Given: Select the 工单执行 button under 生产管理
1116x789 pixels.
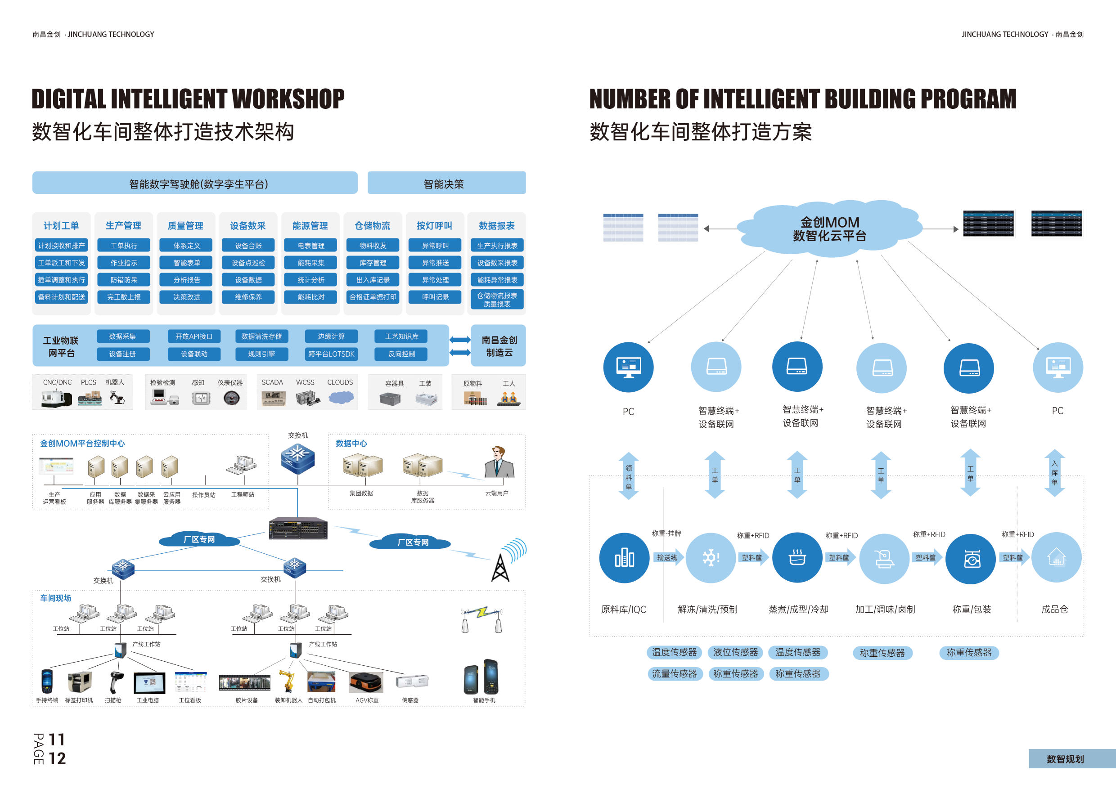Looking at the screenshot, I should pos(123,245).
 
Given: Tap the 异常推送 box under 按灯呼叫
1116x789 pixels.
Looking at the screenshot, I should pos(435,262).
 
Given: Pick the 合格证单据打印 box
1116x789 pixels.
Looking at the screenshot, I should pos(373,297).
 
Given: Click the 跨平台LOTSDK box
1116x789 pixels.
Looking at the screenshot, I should pos(331,354).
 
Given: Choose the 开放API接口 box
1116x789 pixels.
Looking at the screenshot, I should pos(194,336).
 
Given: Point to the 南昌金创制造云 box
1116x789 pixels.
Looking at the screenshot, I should pos(499,345).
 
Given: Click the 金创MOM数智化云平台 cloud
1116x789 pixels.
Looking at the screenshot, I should pos(829,229).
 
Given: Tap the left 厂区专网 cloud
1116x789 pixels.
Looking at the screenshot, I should pos(199,539).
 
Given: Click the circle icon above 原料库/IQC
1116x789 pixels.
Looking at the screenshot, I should pos(624,558).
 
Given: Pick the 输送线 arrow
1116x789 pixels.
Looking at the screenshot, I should pos(668,558).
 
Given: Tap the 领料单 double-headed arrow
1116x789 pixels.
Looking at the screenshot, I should pos(629,476).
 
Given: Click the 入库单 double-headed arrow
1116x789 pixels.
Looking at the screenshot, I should pos(1054,473).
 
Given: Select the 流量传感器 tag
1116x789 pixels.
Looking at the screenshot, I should pos(674,673).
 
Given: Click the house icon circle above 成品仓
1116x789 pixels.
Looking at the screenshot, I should pos(1056,557).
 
